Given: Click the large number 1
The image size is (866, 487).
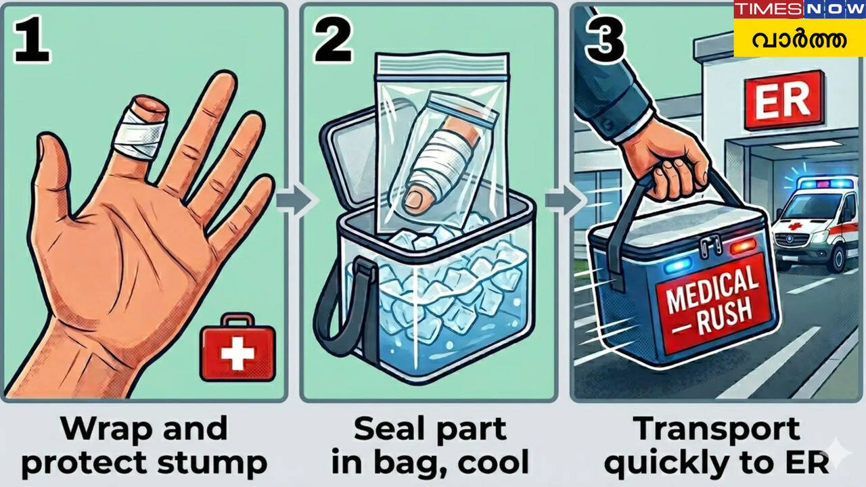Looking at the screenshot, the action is click(32, 39).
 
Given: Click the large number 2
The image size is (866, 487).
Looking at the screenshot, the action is click(334, 39).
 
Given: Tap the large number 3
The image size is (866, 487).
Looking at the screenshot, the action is click(605, 39).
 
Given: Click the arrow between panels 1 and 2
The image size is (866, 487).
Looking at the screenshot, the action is click(297, 200).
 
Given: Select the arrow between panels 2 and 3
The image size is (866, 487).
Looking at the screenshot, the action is click(565, 200).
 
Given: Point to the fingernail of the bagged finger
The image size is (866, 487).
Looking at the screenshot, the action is click(415, 198).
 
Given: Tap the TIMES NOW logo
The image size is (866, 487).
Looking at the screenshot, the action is click(800, 9).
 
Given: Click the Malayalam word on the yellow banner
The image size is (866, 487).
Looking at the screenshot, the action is click(799, 39).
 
